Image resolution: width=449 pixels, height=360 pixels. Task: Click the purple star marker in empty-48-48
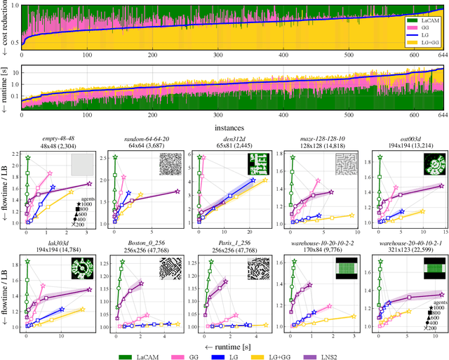(x=89, y=184)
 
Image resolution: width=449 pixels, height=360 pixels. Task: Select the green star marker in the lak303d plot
(x=27, y=261)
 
